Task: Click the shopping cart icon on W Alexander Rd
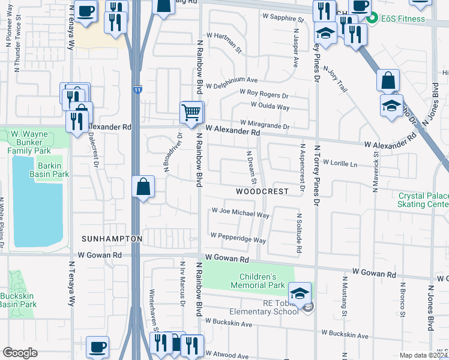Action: click(x=191, y=112)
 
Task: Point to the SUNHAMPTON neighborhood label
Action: click(x=112, y=239)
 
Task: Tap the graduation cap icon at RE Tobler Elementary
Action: click(x=300, y=294)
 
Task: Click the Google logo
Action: click(x=20, y=352)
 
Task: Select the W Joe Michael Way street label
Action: click(x=240, y=212)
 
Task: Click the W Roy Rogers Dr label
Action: click(x=264, y=94)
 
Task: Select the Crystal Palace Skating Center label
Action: click(x=424, y=200)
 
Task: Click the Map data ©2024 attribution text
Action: click(x=424, y=355)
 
